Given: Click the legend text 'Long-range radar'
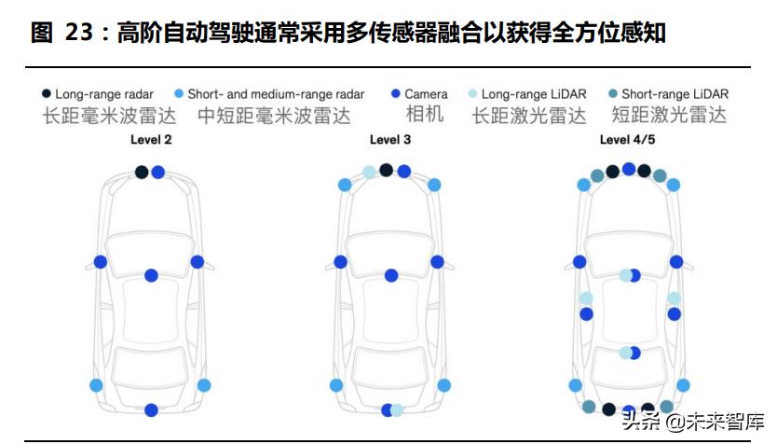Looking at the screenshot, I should pos(103,94).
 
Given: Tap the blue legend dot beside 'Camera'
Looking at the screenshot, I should pos(395,94).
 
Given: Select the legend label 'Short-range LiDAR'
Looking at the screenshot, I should pos(675,94).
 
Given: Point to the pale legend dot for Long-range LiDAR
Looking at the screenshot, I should pos(472,94).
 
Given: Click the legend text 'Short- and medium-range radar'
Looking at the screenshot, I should pos(276,94).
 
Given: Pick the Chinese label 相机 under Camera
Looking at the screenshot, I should pos(424,116).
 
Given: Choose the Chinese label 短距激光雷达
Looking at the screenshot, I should pos(669,117).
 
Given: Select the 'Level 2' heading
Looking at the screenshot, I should pos(150,140).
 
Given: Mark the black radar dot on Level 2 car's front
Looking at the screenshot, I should pos(141,172).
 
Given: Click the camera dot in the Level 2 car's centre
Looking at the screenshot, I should pos(151,275).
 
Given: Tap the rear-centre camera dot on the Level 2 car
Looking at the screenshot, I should pos(151,409).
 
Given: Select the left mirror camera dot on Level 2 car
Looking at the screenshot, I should pos(101,262).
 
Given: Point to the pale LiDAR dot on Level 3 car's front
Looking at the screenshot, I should pos(369,172).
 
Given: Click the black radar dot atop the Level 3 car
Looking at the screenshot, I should pos(386,170).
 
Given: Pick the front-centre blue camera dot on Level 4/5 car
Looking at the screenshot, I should pos(629,169).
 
